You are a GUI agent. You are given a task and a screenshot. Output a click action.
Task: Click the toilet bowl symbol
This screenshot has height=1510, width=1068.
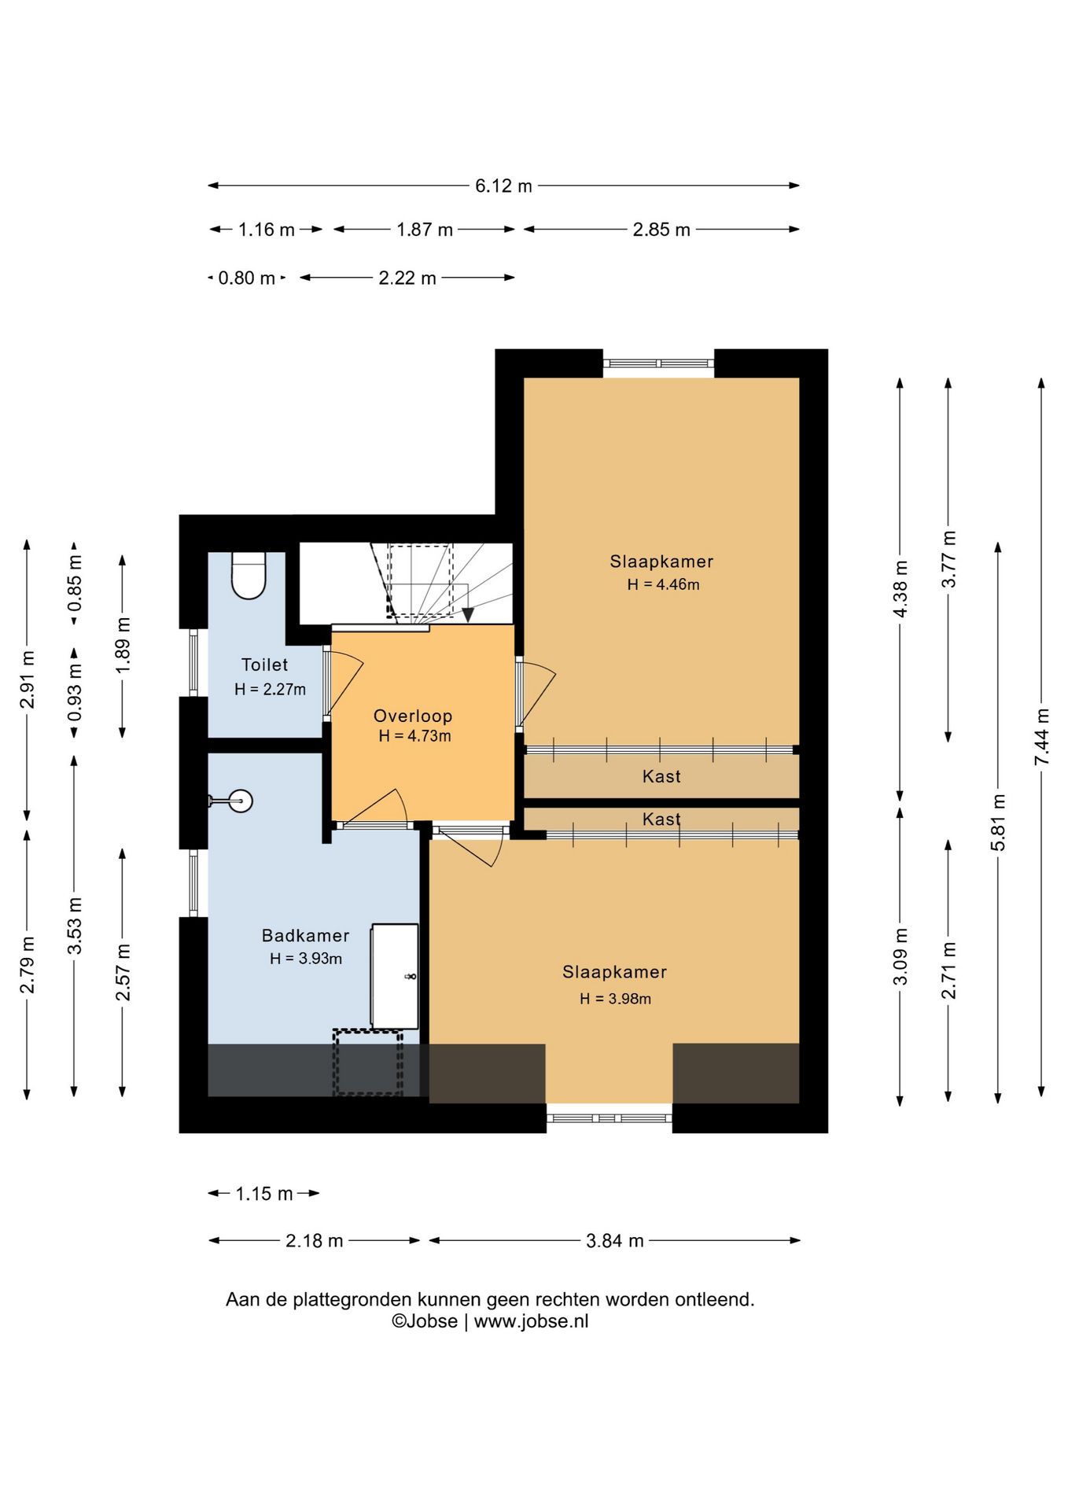(x=249, y=576)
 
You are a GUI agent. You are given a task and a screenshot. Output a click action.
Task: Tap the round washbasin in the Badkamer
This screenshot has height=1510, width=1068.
(x=241, y=801)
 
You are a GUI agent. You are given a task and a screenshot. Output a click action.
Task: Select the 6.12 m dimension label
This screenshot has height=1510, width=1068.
(x=503, y=186)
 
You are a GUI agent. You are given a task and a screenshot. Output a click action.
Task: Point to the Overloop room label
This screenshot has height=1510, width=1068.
(x=413, y=716)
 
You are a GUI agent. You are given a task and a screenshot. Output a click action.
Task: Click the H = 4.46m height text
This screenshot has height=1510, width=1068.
(x=663, y=584)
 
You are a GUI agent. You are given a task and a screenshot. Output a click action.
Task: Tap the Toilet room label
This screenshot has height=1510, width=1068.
(x=264, y=665)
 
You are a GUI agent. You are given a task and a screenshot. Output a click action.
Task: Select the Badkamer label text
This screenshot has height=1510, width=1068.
(x=305, y=935)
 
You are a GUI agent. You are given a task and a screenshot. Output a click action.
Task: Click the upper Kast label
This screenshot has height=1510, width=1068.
(x=661, y=776)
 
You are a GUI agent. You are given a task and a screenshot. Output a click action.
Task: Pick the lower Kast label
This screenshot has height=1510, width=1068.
(x=661, y=819)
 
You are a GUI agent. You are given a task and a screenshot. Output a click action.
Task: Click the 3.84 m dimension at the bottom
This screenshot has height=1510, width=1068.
(x=615, y=1241)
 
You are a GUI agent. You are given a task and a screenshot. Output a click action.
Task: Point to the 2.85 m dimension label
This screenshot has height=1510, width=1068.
(x=661, y=230)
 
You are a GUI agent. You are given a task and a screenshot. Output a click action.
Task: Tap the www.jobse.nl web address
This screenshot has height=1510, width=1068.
(x=531, y=1321)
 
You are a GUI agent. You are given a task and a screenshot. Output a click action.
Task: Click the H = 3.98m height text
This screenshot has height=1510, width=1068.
(x=615, y=999)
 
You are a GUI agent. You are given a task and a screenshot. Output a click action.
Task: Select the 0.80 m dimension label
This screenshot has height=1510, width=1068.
(x=246, y=278)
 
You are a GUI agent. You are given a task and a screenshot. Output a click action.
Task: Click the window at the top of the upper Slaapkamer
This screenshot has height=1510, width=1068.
(x=659, y=363)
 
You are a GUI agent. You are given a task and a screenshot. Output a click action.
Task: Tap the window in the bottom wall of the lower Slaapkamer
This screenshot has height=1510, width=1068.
(x=609, y=1118)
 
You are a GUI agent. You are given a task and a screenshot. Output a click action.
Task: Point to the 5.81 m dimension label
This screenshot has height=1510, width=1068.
(x=999, y=822)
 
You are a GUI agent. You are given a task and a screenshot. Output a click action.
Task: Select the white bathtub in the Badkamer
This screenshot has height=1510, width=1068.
(x=395, y=976)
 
